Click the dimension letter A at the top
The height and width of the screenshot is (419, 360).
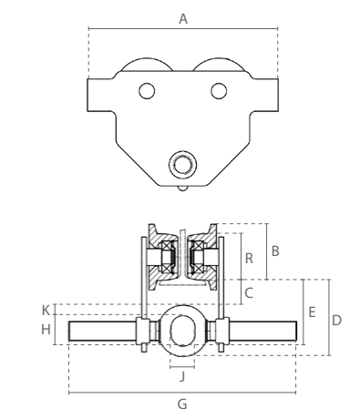(183, 19)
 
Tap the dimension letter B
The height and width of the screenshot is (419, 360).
(275, 251)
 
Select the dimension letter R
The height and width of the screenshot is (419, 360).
(249, 259)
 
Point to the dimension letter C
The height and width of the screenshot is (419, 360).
(249, 293)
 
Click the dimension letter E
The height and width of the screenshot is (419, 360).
(312, 312)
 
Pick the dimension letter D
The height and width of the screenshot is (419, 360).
(336, 321)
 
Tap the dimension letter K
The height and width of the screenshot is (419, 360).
(46, 311)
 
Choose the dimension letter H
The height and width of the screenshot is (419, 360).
(46, 330)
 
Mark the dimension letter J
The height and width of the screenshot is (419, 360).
(182, 377)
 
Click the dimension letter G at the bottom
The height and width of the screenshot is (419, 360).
(182, 404)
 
